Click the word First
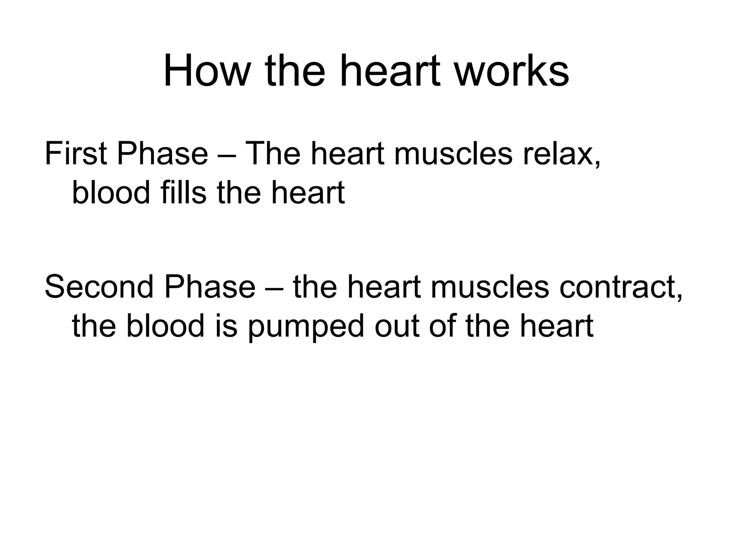coord(76,154)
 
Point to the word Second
coord(99,287)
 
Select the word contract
coord(621,287)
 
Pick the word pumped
coord(305,326)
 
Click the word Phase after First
coord(162,154)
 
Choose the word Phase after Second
coord(210,287)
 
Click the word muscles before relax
coord(453,154)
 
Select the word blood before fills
coord(111,193)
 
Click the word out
coord(397,326)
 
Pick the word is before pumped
coord(226,326)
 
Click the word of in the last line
coord(443,326)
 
